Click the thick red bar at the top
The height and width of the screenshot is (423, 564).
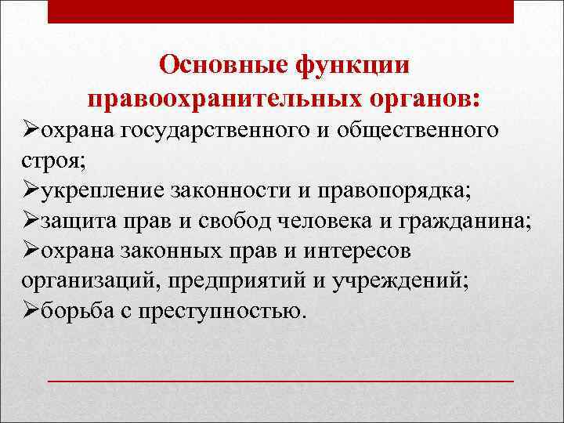pyautogui.click(x=281, y=11)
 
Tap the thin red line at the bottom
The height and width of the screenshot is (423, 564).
pyautogui.click(x=281, y=380)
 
